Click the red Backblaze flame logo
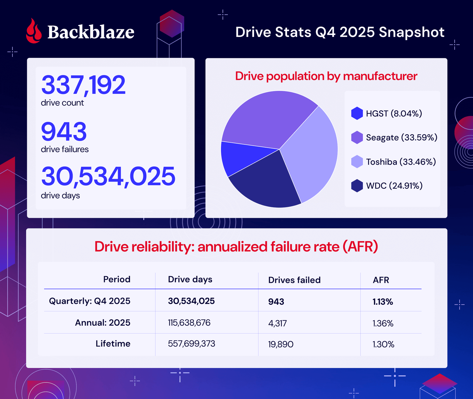34,32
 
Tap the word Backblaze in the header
91,32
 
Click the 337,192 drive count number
83,85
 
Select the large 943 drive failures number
64,132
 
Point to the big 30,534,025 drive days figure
108,176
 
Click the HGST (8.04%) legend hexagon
357,113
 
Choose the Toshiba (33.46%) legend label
401,162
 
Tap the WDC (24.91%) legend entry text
394,186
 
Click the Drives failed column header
294,280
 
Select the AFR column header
381,280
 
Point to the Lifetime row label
113,344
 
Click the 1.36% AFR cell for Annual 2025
383,323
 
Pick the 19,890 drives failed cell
281,344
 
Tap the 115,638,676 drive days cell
189,323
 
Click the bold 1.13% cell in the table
383,302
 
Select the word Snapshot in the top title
411,32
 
